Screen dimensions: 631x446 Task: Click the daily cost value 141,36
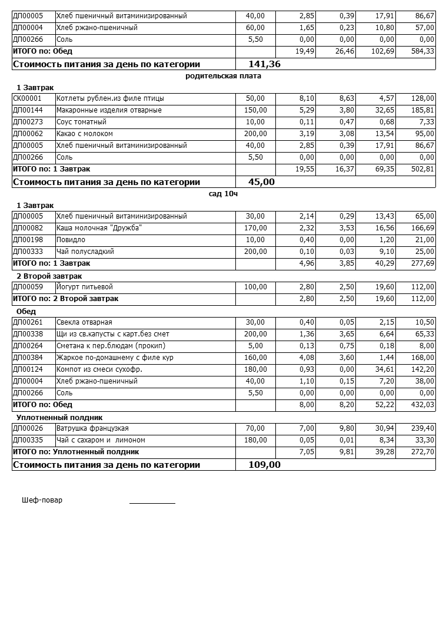click(265, 64)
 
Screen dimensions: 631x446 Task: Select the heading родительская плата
click(223, 76)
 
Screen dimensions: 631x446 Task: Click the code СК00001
click(27, 98)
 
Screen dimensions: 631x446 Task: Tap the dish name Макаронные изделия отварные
click(109, 110)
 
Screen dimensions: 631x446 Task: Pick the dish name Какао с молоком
click(84, 134)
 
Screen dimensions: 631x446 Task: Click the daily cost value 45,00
click(261, 182)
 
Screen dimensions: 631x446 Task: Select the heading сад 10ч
click(223, 194)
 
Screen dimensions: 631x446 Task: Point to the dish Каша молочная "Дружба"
click(99, 228)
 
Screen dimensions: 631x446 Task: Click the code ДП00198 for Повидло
click(27, 240)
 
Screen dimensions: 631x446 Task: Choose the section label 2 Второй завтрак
click(49, 276)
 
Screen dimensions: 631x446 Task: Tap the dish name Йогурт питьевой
click(84, 287)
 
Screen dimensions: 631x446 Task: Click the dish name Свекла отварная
click(84, 322)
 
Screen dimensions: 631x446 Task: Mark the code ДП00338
click(27, 334)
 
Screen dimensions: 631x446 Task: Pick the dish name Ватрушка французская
click(92, 428)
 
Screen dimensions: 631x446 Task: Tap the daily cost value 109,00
click(265, 465)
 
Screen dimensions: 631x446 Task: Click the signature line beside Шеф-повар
click(152, 503)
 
